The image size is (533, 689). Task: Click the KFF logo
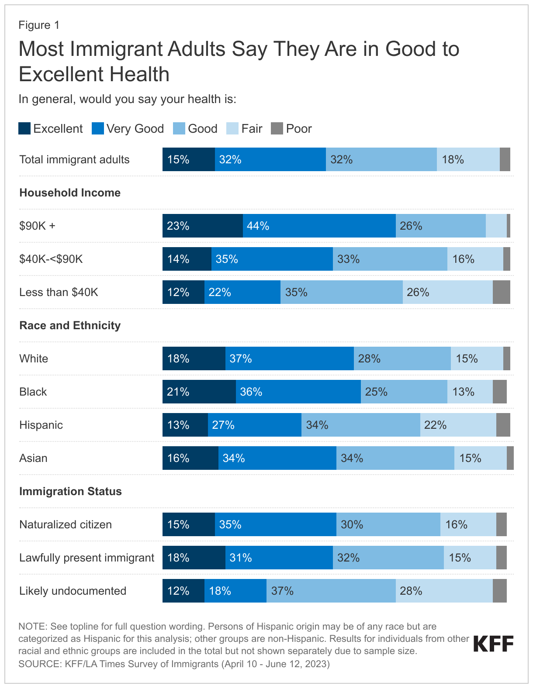[x=493, y=644]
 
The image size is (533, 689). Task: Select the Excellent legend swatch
[x=24, y=129]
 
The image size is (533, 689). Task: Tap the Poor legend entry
[x=291, y=129]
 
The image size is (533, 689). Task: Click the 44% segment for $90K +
[x=319, y=226]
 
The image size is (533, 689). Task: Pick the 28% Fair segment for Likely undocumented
[x=444, y=591]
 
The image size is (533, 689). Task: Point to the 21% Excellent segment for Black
[x=199, y=392]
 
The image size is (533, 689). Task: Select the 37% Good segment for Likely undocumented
[x=331, y=591]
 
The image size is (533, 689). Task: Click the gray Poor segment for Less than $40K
[x=501, y=292]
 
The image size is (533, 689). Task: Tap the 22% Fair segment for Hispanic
[x=458, y=425]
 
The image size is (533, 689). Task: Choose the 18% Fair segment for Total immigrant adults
[x=468, y=159]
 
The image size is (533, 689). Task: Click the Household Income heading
[x=70, y=193]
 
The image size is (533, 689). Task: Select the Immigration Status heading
[x=70, y=491]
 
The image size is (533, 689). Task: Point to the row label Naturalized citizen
[x=66, y=524]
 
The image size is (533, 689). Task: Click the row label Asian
[x=33, y=458]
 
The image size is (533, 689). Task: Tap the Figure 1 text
[x=39, y=25]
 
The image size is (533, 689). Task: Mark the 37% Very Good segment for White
[x=289, y=358]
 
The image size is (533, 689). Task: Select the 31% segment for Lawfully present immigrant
[x=279, y=558]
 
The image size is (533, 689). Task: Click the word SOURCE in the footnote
[x=39, y=664]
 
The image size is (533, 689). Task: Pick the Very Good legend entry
[x=128, y=129]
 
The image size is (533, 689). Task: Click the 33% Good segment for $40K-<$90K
[x=390, y=259]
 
